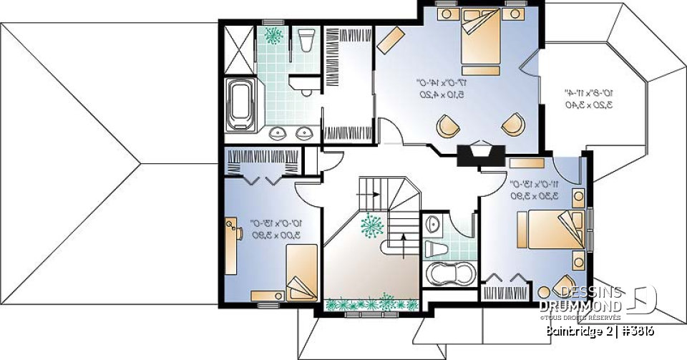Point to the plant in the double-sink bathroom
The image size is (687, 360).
click(273, 34)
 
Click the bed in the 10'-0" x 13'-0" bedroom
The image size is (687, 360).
click(301, 271)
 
